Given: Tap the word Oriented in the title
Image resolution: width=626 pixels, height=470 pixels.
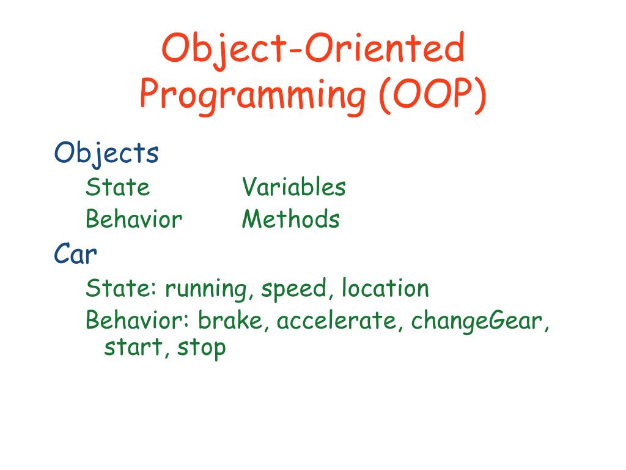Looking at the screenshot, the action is click(385, 47).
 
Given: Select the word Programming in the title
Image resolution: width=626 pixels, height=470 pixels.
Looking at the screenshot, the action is click(252, 96).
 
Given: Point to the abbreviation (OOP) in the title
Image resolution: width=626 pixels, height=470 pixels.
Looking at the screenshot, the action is click(433, 95).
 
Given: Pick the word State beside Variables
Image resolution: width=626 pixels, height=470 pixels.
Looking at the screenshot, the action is click(118, 187).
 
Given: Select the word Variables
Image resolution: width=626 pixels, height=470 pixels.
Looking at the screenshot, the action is click(294, 187).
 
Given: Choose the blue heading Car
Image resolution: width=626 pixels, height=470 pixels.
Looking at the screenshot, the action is click(75, 253).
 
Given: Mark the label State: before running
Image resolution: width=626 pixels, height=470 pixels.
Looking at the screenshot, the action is click(121, 288).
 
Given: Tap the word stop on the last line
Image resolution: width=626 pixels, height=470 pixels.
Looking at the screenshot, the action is click(201, 348).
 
